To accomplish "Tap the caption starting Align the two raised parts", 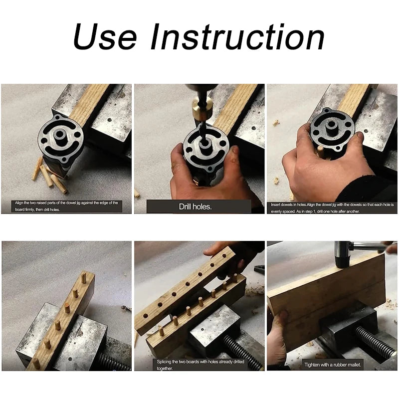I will [x=66, y=205].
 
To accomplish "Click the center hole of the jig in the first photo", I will [x=59, y=136].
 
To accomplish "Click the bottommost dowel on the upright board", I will [x=36, y=363].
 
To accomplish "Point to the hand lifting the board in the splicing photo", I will [x=234, y=252].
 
